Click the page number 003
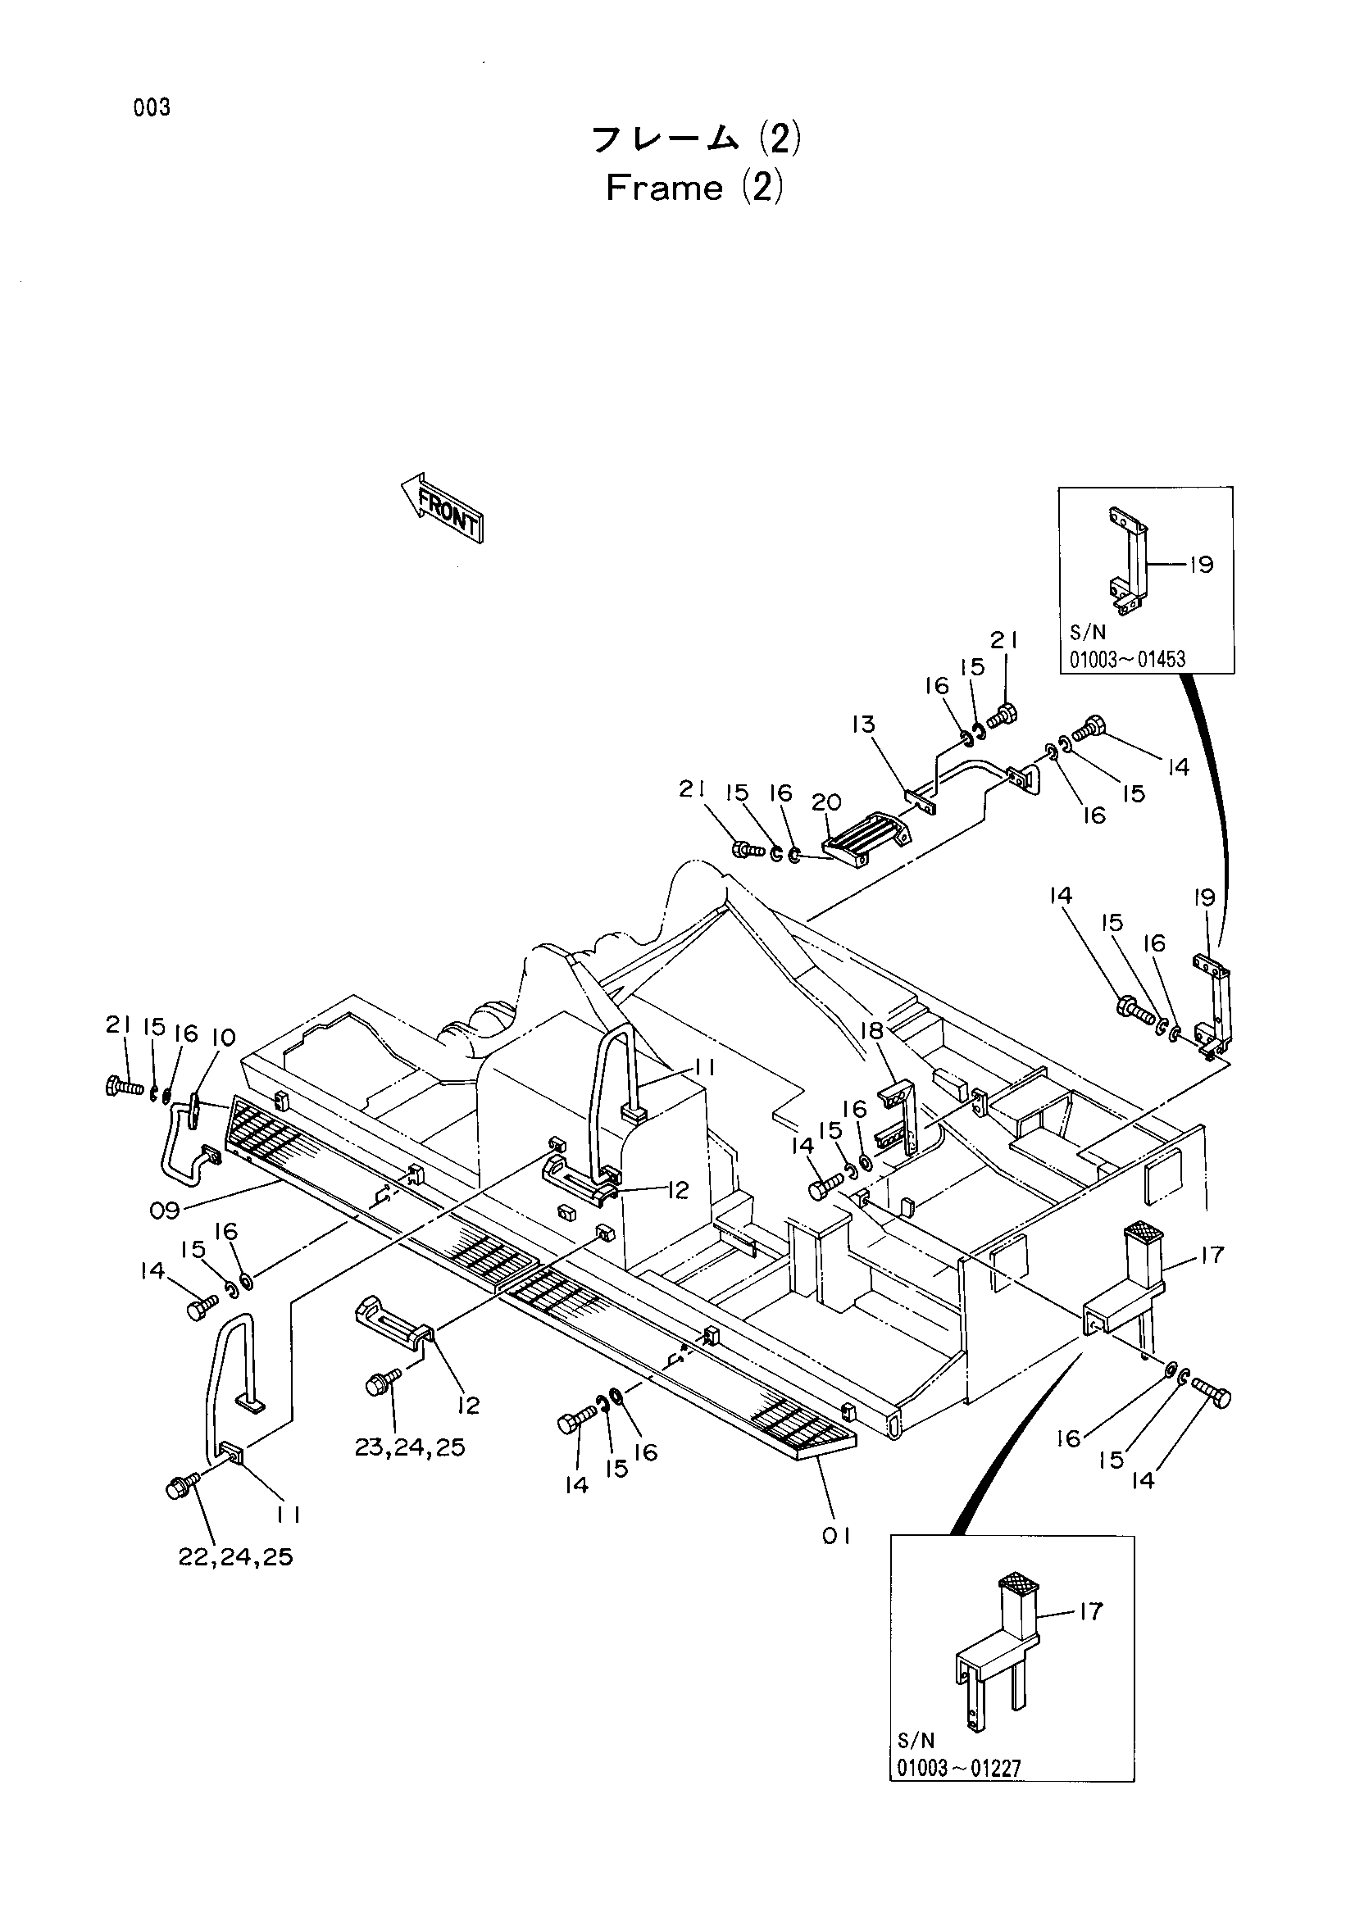151,107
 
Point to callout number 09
165,1210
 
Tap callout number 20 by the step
826,802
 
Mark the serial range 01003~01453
1127,660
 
